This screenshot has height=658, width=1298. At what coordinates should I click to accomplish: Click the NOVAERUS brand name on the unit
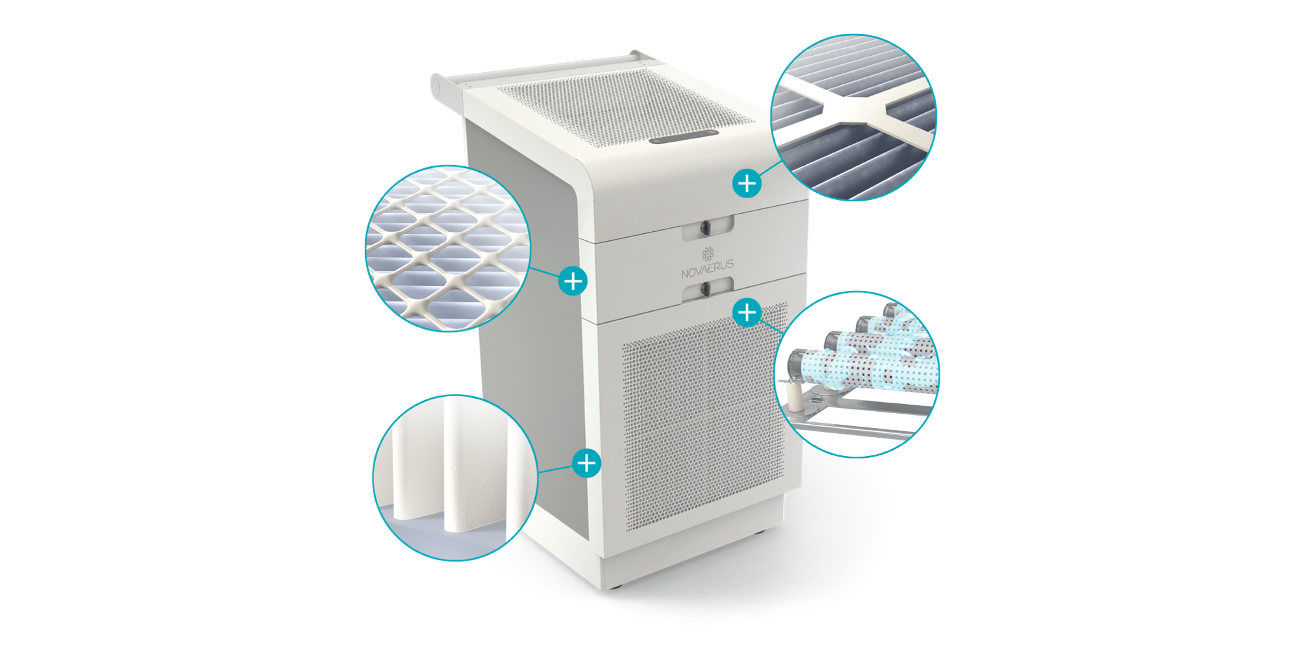[x=707, y=269]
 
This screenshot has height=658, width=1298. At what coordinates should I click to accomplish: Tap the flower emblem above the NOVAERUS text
[x=708, y=253]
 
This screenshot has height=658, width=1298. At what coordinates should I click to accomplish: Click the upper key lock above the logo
[x=705, y=227]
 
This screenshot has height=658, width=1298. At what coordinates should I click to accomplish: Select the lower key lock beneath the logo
[x=705, y=290]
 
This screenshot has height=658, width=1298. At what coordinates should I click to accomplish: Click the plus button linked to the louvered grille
[x=747, y=183]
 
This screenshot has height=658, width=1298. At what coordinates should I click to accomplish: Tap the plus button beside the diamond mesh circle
[x=573, y=281]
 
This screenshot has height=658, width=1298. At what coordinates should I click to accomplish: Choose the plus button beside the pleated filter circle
[x=586, y=463]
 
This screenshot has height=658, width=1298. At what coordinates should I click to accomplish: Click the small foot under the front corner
[x=616, y=587]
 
